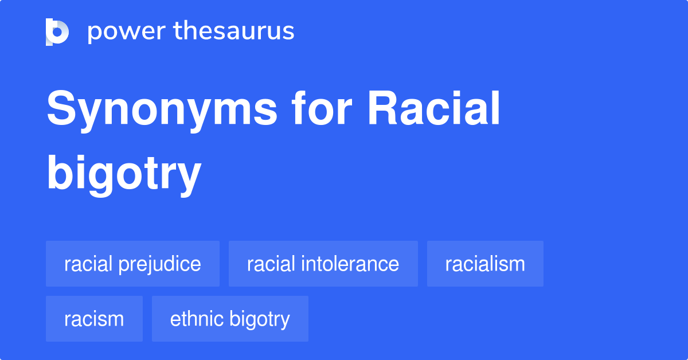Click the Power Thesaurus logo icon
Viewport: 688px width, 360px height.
57,32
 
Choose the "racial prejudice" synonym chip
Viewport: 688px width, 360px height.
132,264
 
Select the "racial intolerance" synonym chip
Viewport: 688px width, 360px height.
323,264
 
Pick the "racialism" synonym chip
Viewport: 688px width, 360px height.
485,264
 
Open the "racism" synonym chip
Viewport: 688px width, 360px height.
94,319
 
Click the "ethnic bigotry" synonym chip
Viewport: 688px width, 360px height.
230,319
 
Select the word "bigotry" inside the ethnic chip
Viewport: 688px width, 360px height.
260,319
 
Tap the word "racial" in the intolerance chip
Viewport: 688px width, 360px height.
268,264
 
